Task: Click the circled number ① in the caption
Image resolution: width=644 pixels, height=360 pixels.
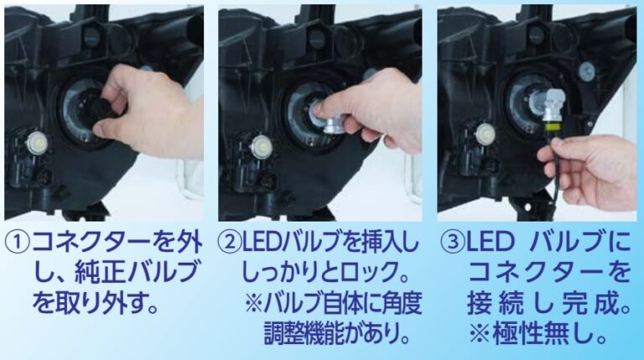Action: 17,244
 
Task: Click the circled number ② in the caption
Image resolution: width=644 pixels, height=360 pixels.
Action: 231,244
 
